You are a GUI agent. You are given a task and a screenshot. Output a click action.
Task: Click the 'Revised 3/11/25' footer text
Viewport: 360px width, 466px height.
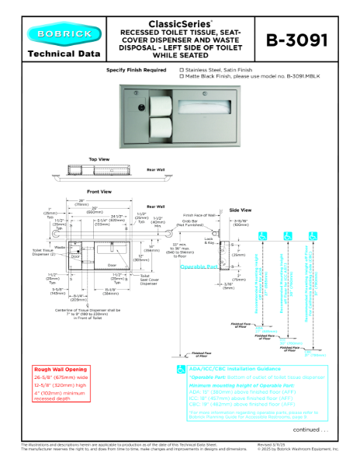(x=274, y=445)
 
